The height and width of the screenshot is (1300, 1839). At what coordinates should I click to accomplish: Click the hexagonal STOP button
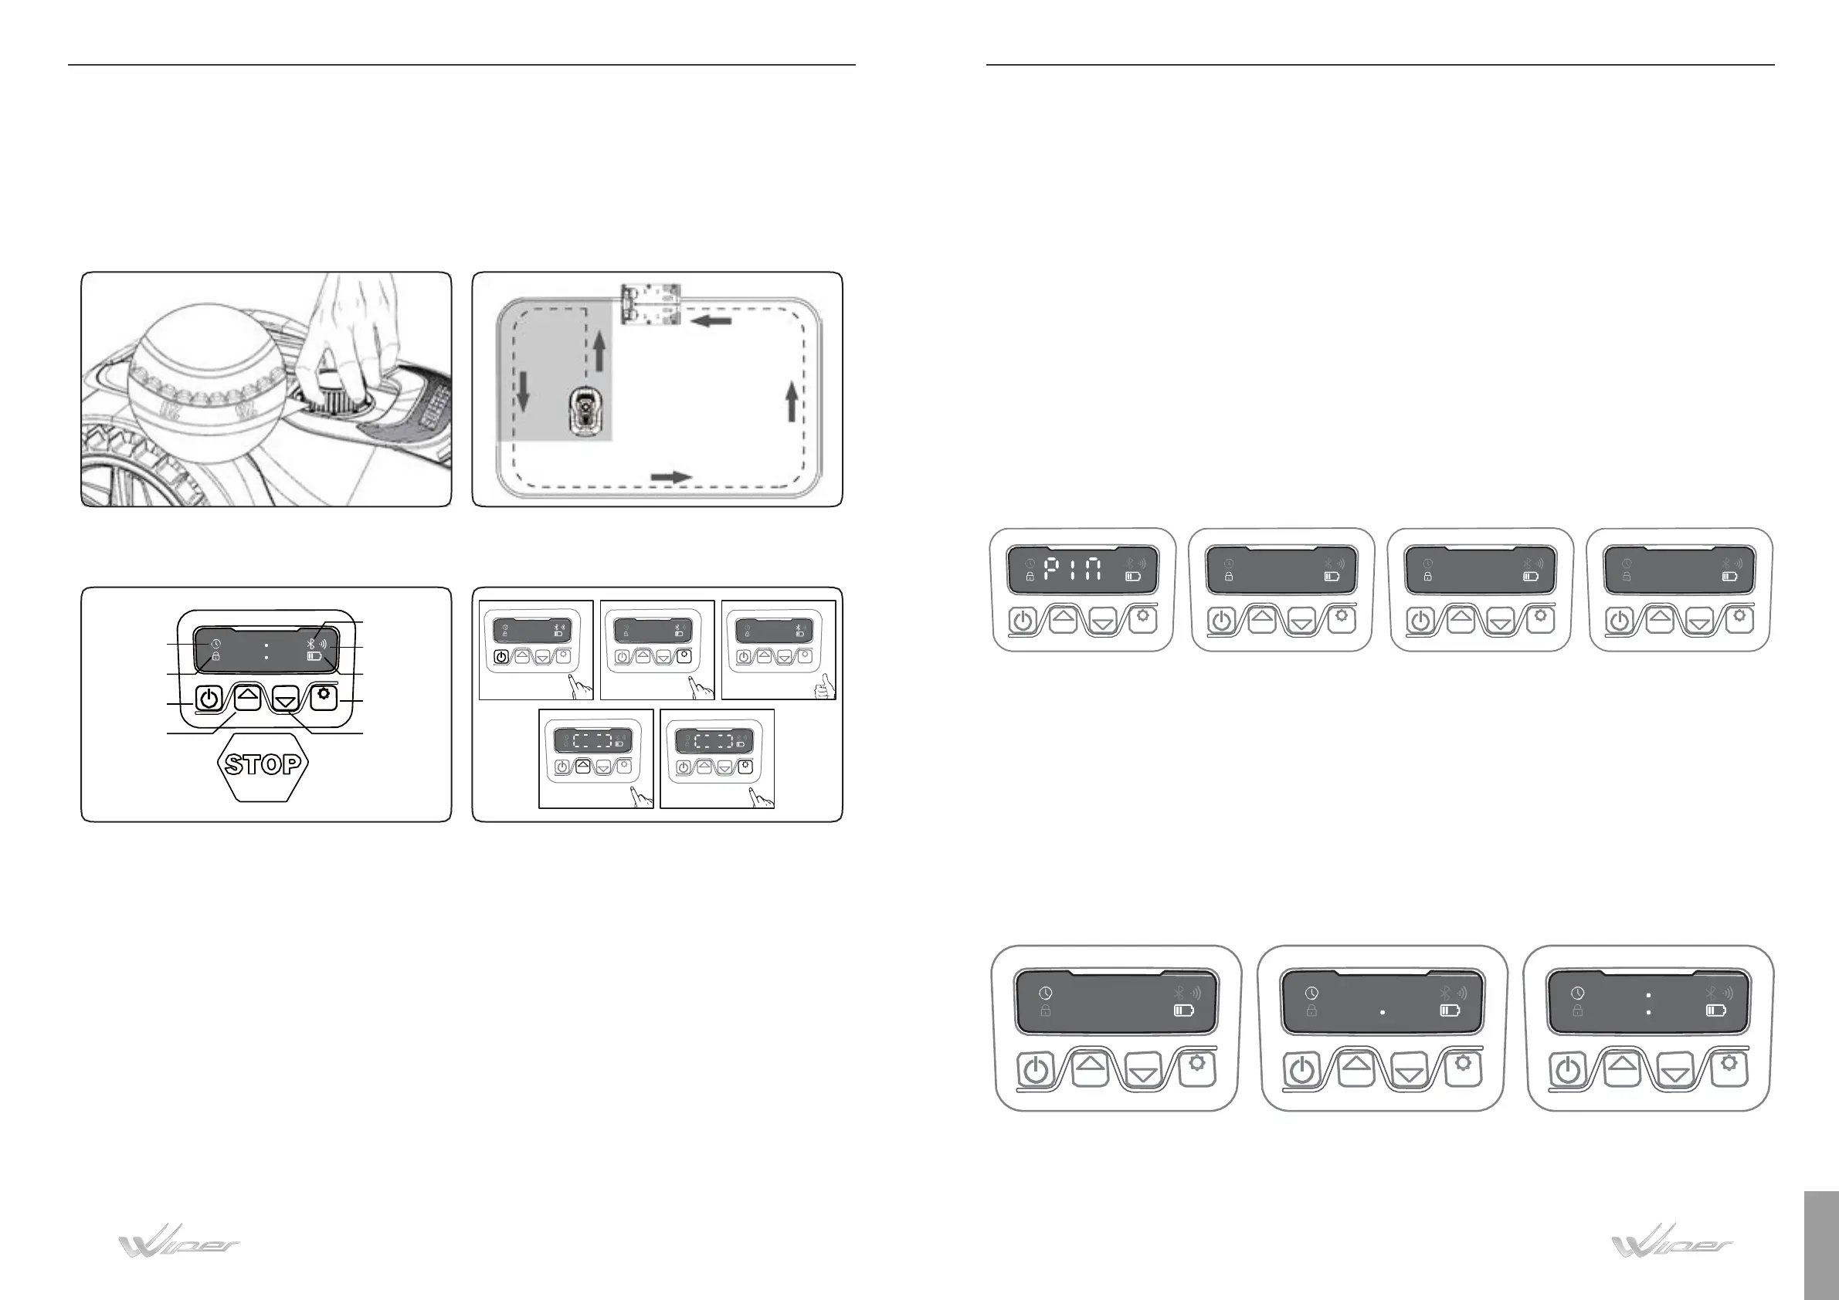coord(263,764)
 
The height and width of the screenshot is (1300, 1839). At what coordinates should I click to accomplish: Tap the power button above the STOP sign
coord(209,699)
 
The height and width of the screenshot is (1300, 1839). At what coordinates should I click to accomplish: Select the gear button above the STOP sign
coord(324,696)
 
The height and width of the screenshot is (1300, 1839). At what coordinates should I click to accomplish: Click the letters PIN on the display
coord(1073,570)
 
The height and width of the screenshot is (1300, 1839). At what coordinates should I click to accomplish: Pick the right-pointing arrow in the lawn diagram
coord(670,477)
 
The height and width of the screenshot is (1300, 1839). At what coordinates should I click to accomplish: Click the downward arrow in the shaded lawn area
coord(524,390)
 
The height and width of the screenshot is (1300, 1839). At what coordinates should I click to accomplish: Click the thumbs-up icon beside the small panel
coord(824,686)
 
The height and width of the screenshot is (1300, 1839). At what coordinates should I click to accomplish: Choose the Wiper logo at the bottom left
coord(179,1242)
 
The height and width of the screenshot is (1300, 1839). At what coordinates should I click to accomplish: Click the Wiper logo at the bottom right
coord(1672,1242)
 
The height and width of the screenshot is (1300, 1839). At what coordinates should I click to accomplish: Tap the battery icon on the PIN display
coord(1132,576)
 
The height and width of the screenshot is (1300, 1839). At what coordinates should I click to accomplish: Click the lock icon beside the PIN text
coord(1030,576)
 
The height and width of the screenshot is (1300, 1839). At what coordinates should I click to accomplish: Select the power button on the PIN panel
coord(1023,621)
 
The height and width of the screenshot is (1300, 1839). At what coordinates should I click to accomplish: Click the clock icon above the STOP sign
coord(216,645)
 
